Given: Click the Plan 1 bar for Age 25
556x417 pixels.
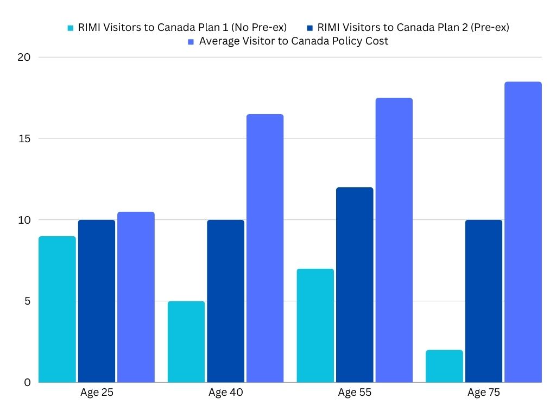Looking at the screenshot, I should click(58, 309).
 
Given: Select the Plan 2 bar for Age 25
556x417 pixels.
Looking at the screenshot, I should click(97, 301).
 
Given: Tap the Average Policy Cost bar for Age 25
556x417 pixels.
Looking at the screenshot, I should click(136, 297).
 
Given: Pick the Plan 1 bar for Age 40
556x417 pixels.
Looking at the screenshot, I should click(186, 342).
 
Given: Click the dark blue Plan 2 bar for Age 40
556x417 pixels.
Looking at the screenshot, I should click(226, 301).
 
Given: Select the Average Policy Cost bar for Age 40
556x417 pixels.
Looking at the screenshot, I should click(265, 248).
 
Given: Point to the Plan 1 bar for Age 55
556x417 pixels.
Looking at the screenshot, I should click(315, 326).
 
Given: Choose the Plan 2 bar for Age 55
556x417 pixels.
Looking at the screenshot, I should click(355, 285).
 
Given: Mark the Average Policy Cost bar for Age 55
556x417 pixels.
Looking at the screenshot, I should click(394, 240).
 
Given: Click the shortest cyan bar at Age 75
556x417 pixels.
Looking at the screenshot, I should click(445, 367).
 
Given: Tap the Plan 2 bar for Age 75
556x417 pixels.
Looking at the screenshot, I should click(484, 301).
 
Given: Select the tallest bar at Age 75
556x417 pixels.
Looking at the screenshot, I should click(523, 232).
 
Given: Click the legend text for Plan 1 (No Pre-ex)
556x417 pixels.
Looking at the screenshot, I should click(182, 28).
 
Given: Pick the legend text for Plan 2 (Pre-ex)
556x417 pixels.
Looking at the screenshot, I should click(413, 28).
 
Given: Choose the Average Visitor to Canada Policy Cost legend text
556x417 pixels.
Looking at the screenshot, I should click(294, 41).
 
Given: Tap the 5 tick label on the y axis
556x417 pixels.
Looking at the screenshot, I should click(27, 301).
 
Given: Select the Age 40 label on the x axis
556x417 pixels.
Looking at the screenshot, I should click(225, 393).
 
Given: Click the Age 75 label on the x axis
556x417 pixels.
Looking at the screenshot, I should click(484, 393).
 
